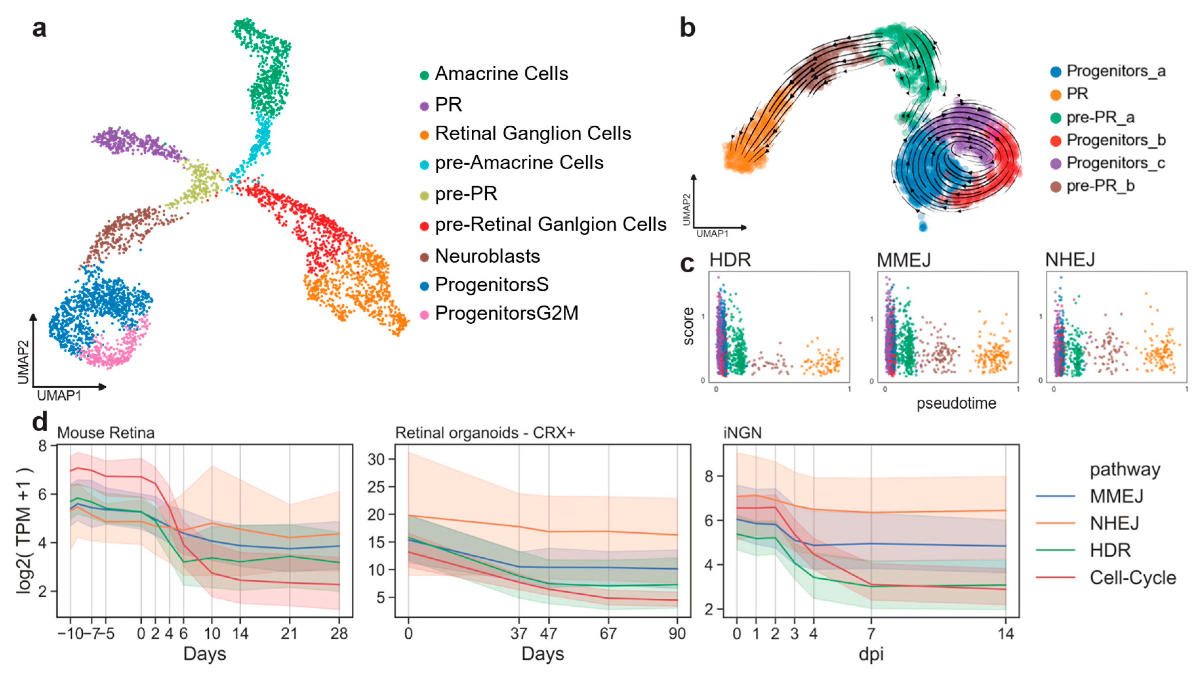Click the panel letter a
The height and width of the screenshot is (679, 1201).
[x=39, y=28]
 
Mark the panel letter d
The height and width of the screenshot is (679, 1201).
[x=40, y=422]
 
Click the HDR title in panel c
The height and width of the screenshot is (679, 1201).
[x=730, y=260]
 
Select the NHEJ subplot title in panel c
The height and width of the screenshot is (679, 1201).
[x=1070, y=260]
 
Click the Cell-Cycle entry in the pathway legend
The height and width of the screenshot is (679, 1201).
[x=1133, y=578]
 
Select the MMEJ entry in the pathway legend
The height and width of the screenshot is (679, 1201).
[x=1116, y=496]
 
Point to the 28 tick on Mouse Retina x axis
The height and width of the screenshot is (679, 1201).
[x=339, y=633]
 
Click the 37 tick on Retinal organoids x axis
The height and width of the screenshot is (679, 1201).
[x=518, y=633]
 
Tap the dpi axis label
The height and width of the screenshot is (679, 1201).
[x=871, y=654]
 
